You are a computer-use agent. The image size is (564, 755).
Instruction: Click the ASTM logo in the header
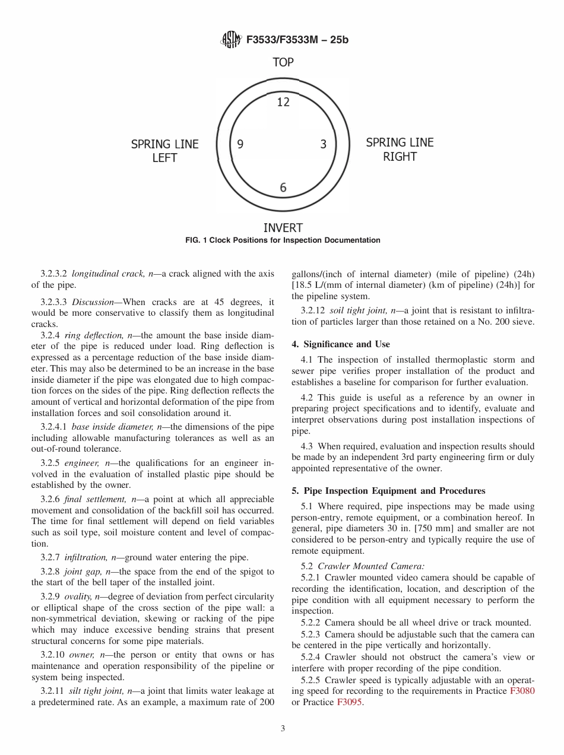230,40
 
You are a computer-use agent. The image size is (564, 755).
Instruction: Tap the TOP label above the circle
283,62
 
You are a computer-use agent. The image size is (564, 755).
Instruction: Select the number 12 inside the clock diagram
283,102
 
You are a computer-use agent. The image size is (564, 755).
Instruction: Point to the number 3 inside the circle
324,144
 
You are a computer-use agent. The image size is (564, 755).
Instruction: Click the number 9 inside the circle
240,144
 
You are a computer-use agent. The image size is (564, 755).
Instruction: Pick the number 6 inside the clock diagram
283,188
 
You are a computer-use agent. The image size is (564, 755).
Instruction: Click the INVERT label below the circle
283,228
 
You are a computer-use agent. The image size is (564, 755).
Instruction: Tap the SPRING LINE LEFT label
164,151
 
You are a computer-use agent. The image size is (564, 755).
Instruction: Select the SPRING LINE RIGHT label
400,150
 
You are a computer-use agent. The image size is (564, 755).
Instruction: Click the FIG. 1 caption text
283,240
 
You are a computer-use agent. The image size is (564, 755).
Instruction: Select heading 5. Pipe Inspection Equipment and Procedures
388,491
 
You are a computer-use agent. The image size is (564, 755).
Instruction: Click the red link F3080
522,691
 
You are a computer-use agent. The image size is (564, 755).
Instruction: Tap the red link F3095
349,702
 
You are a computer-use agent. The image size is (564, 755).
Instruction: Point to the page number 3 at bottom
283,729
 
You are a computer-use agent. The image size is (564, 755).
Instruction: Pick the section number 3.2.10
52,655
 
